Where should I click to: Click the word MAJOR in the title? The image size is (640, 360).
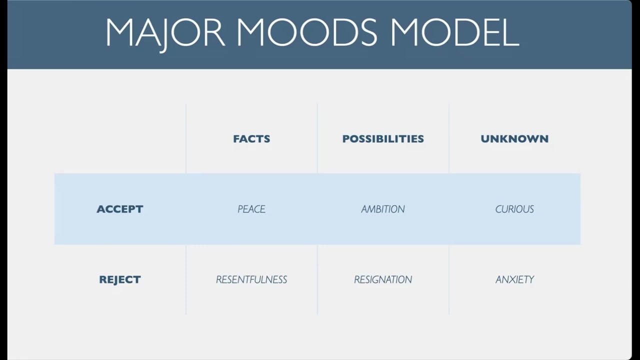165,33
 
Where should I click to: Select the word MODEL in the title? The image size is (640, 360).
454,32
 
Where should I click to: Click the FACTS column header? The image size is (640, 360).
251,139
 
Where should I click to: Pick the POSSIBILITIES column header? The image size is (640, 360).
383,139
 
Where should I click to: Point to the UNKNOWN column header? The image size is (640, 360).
514,139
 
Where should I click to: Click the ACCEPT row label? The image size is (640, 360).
119,209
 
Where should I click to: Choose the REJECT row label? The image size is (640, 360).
119,279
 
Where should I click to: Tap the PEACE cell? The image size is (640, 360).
251,209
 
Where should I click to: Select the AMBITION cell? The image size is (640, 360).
383,209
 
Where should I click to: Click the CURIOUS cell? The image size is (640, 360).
514,209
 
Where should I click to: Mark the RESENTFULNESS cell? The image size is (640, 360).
251,279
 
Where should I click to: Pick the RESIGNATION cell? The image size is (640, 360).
383,279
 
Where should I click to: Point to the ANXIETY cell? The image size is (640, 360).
514,279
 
